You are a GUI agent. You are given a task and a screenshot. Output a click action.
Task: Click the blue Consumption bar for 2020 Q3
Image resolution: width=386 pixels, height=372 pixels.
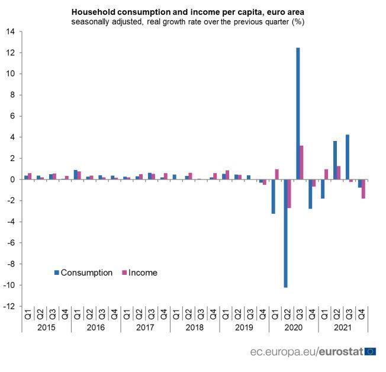tap(298, 113)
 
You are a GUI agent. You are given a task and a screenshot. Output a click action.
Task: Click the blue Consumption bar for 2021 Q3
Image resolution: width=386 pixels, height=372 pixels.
tap(347, 157)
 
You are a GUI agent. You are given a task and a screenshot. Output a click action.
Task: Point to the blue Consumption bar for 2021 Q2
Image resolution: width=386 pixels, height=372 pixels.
tap(335, 160)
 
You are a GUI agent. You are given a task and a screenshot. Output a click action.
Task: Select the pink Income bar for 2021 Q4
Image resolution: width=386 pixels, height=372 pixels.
tap(364, 189)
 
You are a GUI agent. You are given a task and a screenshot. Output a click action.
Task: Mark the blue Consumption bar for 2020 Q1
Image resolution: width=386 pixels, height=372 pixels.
tap(273, 196)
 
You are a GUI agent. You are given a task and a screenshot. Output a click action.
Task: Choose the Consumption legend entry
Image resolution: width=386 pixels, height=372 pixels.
tap(83, 273)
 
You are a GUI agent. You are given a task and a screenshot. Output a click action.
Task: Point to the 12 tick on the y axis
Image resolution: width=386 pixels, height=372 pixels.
tap(11, 53)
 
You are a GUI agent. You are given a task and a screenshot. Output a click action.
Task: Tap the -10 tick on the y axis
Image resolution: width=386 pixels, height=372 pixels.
tap(10, 285)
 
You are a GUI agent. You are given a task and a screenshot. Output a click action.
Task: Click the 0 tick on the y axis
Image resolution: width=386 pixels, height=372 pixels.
tap(12, 179)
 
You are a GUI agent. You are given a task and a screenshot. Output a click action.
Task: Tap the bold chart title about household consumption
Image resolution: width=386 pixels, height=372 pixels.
tap(188, 12)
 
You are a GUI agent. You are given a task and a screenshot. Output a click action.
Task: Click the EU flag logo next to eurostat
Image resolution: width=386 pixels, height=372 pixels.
tap(371, 352)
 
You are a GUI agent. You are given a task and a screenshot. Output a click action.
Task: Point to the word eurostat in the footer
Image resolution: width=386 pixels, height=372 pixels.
tap(340, 352)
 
